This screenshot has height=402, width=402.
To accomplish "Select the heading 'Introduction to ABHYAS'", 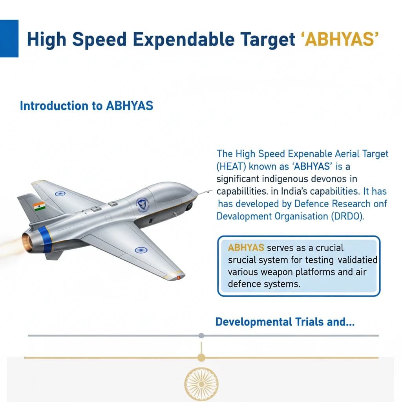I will click(86, 106).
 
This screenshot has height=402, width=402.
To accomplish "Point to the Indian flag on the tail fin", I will click(39, 206).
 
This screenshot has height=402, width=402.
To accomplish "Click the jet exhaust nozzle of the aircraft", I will click(27, 242).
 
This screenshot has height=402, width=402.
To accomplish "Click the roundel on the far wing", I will click(60, 193).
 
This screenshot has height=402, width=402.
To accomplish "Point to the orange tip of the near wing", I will click(178, 277).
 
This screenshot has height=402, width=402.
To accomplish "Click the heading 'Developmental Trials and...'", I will click(285, 322).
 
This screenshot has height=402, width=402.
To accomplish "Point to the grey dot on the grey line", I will click(201, 336).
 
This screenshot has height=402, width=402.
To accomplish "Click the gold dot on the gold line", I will click(201, 358).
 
